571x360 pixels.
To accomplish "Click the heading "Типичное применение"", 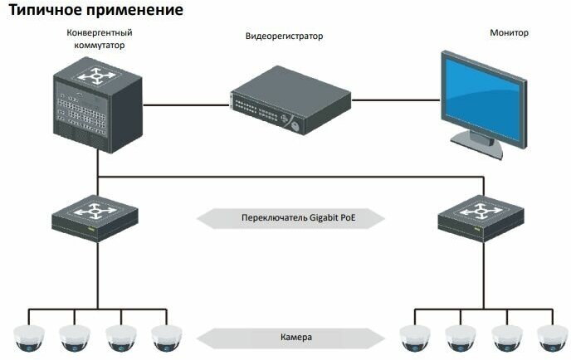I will click(95, 11).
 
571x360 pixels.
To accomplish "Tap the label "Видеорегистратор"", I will click(284, 36).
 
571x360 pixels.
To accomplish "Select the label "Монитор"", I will click(510, 33).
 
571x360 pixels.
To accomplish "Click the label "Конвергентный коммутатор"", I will click(100, 39).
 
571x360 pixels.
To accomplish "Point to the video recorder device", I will click(290, 102).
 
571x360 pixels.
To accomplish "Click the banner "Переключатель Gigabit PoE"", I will click(291, 218).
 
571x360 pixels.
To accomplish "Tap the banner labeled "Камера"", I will click(291, 338).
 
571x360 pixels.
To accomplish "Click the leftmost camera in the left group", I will click(29, 337).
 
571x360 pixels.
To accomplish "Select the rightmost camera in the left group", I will click(167, 337).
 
